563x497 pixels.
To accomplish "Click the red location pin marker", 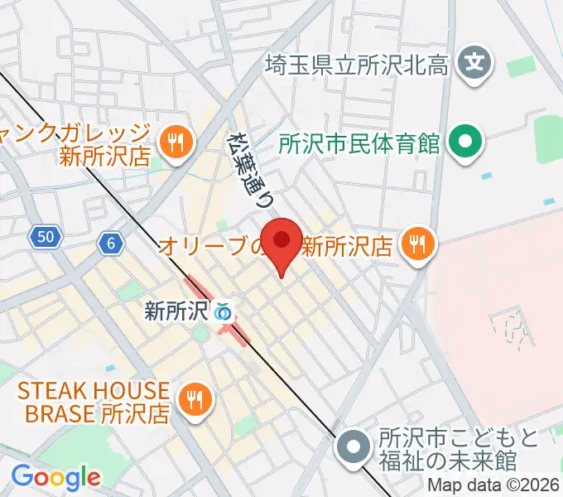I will [x=281, y=242].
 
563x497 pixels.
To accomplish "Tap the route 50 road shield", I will [x=46, y=238].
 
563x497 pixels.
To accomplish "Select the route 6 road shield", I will [x=109, y=243].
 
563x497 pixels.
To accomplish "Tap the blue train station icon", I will [x=222, y=312].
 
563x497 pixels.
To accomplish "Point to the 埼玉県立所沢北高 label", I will [x=358, y=64].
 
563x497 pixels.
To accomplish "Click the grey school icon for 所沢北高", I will [x=476, y=62].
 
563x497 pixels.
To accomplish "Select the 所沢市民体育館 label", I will [x=358, y=143].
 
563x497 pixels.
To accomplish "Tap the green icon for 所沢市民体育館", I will [x=465, y=142].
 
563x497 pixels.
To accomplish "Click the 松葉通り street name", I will [x=252, y=170].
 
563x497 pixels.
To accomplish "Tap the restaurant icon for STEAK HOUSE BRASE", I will [x=196, y=401].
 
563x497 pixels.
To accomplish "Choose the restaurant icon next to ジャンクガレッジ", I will [x=175, y=142].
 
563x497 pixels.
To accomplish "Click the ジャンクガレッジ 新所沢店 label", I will [x=79, y=142].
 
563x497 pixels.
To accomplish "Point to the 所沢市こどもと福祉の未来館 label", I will [x=459, y=448].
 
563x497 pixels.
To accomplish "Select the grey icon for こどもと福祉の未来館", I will [x=354, y=447].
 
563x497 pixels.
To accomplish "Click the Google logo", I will [x=55, y=477].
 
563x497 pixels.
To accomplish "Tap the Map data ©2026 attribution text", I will [x=493, y=486].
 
